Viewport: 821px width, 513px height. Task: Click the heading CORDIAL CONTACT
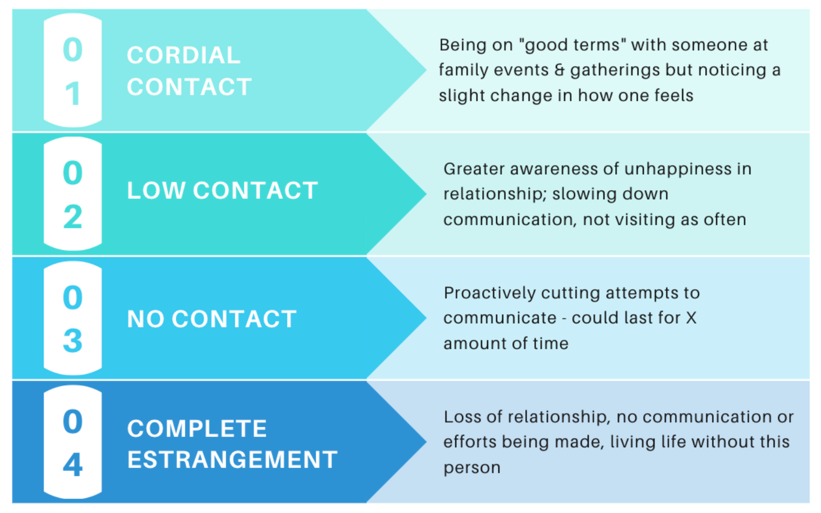tap(189, 71)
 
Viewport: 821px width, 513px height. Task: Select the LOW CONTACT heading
tap(222, 191)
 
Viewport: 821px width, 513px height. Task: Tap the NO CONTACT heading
tap(211, 319)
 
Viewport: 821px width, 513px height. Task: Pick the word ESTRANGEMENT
tap(232, 460)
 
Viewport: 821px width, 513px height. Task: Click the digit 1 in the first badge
tap(73, 94)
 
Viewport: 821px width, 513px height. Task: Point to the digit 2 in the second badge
tap(73, 217)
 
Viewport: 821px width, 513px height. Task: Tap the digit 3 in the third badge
tap(73, 341)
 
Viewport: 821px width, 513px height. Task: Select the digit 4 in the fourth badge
tap(73, 465)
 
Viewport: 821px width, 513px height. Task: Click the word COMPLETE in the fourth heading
tap(197, 429)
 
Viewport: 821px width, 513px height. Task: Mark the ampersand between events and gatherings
tap(559, 70)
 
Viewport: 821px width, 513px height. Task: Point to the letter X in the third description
tap(691, 318)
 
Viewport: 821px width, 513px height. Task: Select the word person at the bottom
tap(472, 468)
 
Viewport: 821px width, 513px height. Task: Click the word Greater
tap(474, 169)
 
